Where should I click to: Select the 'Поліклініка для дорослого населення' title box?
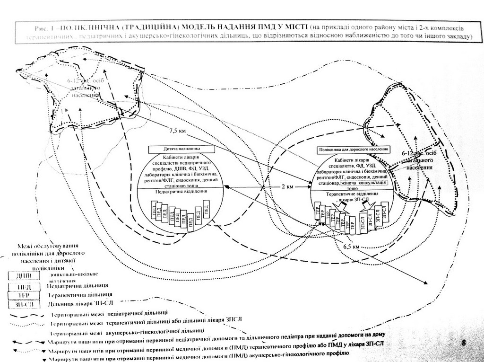click(354, 150)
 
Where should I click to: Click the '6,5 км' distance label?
click(351, 247)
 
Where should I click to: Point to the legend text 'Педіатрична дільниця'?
click(78, 286)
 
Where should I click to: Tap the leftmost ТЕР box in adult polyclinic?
click(317, 212)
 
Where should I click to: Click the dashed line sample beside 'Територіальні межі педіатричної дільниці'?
click(26, 314)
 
